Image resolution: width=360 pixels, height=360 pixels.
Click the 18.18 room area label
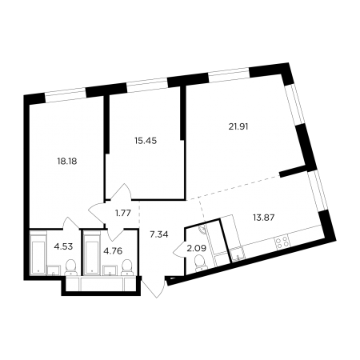(67, 161)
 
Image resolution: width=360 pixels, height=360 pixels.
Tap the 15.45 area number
(146, 141)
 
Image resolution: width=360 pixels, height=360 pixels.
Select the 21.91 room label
(238, 126)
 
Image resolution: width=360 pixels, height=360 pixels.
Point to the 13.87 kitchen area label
(264, 218)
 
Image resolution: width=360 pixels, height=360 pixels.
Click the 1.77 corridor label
(123, 213)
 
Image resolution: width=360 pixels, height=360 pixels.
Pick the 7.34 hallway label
(159, 234)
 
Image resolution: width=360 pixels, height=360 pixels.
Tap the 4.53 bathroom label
(63, 246)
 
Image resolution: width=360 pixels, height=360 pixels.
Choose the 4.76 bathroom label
(113, 251)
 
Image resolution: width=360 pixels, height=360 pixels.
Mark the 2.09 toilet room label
(197, 249)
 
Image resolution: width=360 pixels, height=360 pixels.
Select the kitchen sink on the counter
(238, 254)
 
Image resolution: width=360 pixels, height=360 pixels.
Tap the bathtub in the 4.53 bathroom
(38, 254)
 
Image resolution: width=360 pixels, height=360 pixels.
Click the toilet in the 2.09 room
(201, 263)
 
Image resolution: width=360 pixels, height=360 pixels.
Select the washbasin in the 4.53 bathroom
(54, 270)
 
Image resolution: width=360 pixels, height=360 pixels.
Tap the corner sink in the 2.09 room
(202, 230)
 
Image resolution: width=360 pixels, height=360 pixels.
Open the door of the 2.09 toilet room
(179, 250)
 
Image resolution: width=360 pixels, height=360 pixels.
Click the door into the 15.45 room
(121, 191)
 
